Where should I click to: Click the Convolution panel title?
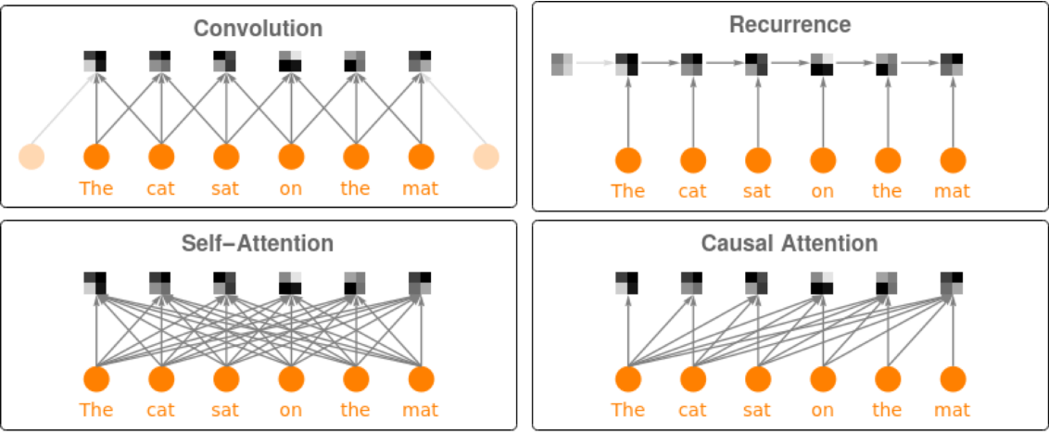259,30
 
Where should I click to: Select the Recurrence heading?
790,25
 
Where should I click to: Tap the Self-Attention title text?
258,244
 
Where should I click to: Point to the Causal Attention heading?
790,243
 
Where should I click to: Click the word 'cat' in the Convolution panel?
160,189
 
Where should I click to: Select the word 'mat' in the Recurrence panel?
952,192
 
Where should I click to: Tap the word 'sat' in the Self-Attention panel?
225,409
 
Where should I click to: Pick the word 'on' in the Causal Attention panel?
822,409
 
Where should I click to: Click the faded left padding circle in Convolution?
32,157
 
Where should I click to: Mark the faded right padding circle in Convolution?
487,157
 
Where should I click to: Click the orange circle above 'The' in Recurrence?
628,160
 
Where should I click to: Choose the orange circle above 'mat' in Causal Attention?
953,380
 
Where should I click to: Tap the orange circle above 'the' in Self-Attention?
357,379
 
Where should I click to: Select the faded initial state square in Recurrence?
562,64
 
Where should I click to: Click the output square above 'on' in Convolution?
290,61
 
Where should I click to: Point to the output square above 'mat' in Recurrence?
952,64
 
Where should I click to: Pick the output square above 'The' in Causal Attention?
626,283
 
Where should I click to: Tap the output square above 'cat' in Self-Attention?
160,283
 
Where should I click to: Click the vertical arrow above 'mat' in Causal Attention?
953,330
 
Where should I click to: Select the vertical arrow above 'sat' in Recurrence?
758,111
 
